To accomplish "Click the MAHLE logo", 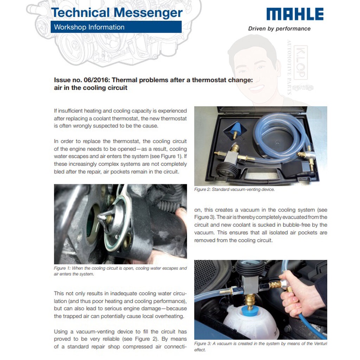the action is click(295, 14).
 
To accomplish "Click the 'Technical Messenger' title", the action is click(117, 13).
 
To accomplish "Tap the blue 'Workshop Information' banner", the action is click(116, 27).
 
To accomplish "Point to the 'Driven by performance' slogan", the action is click(279, 29).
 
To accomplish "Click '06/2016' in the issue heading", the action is click(97, 80).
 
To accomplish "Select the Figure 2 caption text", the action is click(234, 189).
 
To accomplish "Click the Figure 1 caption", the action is click(120, 271).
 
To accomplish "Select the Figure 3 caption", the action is click(261, 346).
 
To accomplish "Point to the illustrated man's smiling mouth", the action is click(257, 88).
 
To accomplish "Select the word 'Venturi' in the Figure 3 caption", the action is click(321, 343).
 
